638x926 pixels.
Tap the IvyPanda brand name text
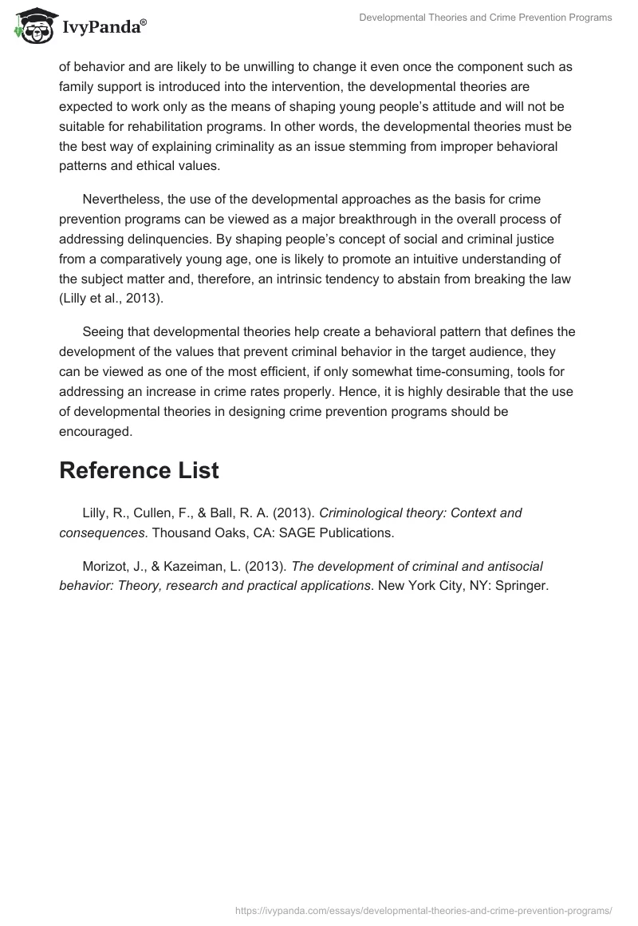[x=104, y=28]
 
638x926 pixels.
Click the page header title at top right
[x=486, y=18]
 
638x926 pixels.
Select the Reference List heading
[x=139, y=470]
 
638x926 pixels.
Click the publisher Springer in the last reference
[x=520, y=584]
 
